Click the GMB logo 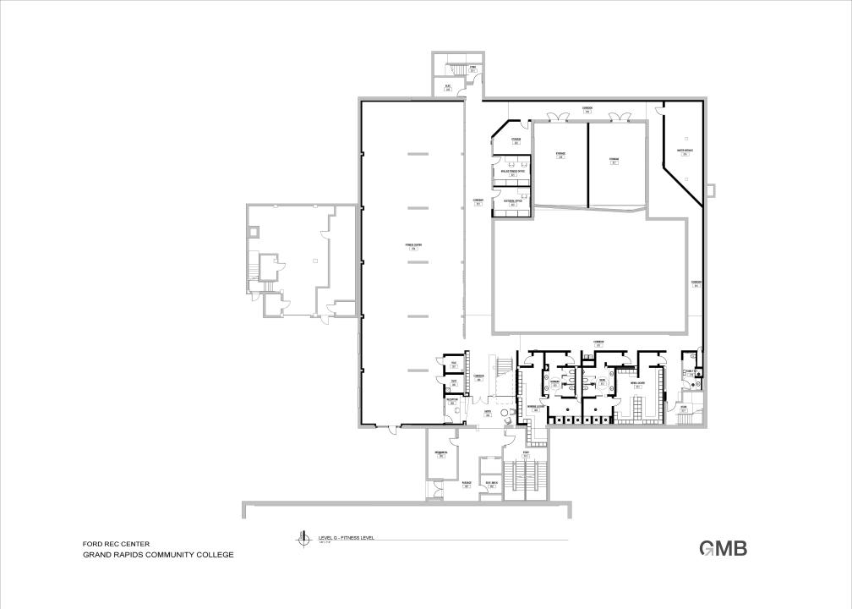(x=723, y=548)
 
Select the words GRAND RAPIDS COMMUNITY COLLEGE (x=157, y=555)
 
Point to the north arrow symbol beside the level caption (x=298, y=538)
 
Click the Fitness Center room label (x=413, y=246)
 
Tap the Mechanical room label (x=440, y=454)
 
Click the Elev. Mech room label (x=490, y=484)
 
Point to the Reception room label (x=452, y=402)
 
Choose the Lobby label (x=488, y=414)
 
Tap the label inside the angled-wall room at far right (x=685, y=152)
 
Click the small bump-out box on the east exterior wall (x=712, y=189)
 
